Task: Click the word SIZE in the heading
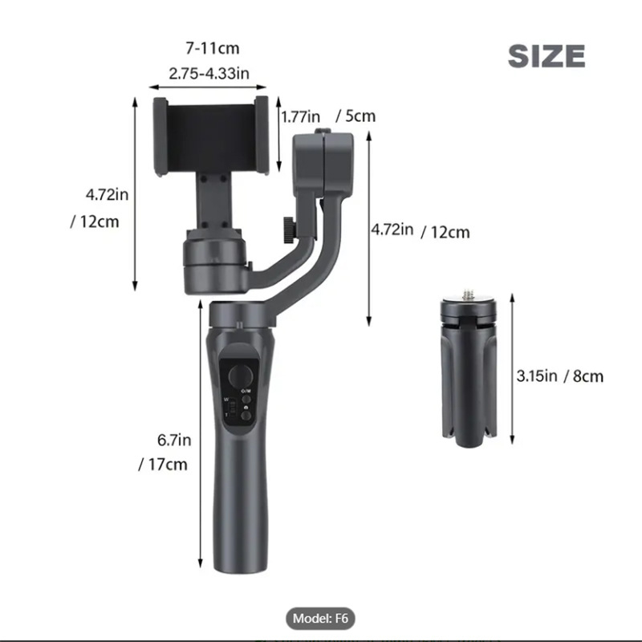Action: (x=547, y=55)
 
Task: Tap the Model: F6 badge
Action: (x=320, y=619)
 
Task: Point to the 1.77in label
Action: (x=301, y=116)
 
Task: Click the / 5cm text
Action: (x=356, y=116)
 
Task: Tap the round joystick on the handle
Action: (x=238, y=375)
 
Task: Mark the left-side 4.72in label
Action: (x=108, y=194)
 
